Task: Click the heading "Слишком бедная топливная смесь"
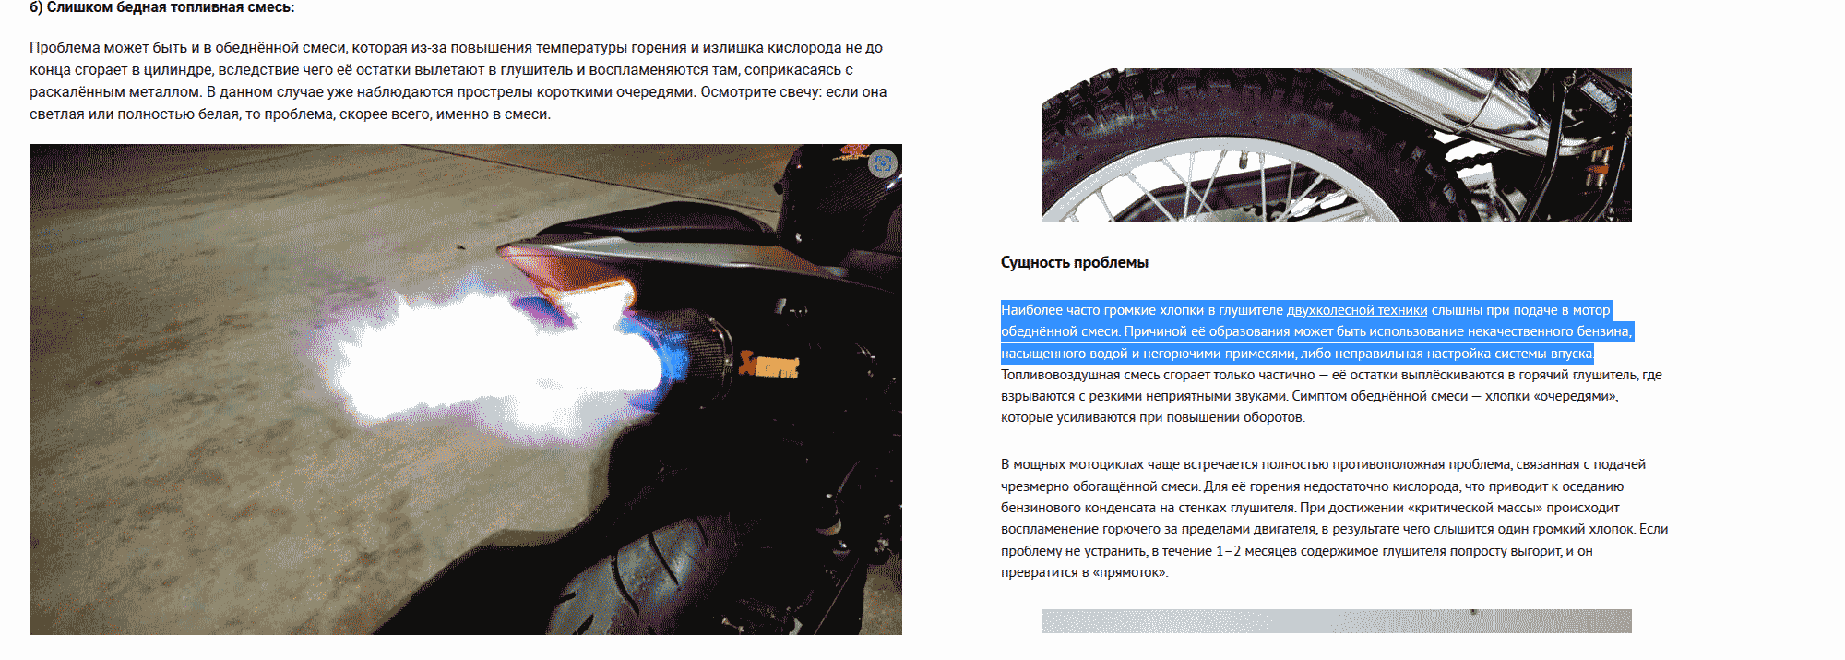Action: tap(171, 7)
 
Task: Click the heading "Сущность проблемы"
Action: tap(1075, 263)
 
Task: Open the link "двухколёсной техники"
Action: tap(1357, 310)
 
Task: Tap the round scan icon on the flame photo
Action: tap(883, 163)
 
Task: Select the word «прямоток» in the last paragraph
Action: tap(1129, 573)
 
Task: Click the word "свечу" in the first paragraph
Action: tap(801, 92)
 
